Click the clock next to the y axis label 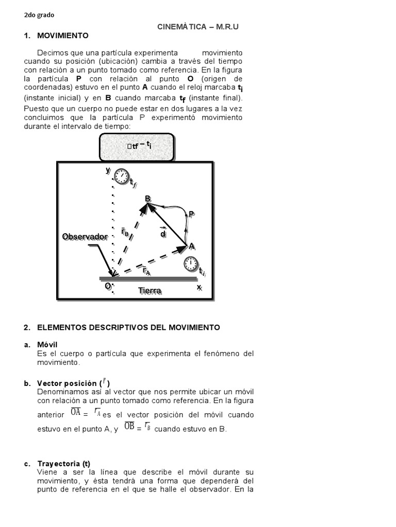pyautogui.click(x=122, y=176)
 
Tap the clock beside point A pyautogui.click(x=191, y=265)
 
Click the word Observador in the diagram pyautogui.click(x=85, y=237)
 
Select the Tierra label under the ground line pyautogui.click(x=150, y=291)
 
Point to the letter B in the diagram pyautogui.click(x=147, y=199)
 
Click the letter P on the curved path pyautogui.click(x=191, y=214)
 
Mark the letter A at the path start pyautogui.click(x=192, y=247)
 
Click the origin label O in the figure pyautogui.click(x=108, y=286)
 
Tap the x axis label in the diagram pyautogui.click(x=199, y=287)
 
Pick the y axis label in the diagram pyautogui.click(x=108, y=170)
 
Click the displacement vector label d pyautogui.click(x=163, y=234)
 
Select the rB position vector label pyautogui.click(x=125, y=232)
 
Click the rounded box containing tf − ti pyautogui.click(x=137, y=147)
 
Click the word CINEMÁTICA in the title pyautogui.click(x=181, y=26)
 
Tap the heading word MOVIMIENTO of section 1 pyautogui.click(x=63, y=36)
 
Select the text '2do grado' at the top pyautogui.click(x=39, y=15)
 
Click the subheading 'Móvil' pyautogui.click(x=47, y=344)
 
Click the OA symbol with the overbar pyautogui.click(x=75, y=412)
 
